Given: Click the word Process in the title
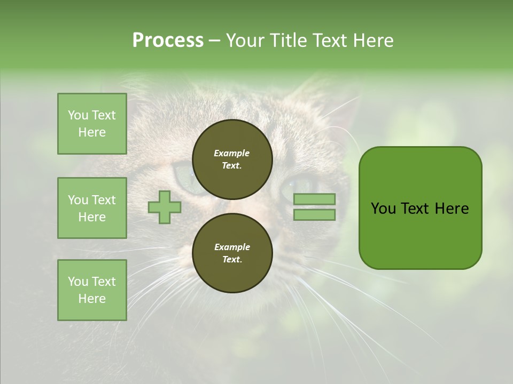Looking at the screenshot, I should point(168,41).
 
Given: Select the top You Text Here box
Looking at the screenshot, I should point(92,124).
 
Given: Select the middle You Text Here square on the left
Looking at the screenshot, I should point(92,208).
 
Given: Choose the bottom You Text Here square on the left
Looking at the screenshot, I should point(92,290).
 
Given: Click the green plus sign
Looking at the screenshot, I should point(165,207).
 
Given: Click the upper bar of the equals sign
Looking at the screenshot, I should point(314,199).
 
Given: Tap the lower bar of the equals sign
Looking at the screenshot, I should point(314,214).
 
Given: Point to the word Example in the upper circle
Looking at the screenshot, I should point(232,153).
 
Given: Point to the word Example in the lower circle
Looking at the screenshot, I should point(232,247).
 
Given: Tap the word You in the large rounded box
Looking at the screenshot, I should point(383,209).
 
